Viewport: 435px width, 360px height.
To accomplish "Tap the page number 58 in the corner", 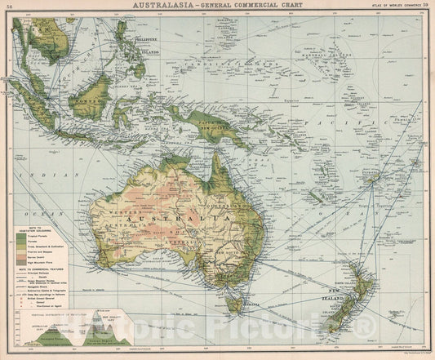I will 7,6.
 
